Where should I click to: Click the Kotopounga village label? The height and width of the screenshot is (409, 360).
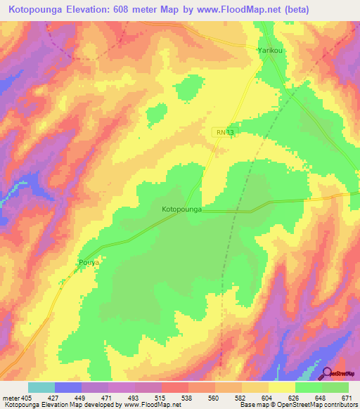click(x=182, y=209)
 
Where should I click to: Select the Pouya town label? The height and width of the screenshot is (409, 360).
click(x=85, y=263)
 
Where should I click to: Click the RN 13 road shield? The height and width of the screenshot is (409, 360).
click(x=222, y=131)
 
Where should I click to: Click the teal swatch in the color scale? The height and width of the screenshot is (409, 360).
click(x=41, y=387)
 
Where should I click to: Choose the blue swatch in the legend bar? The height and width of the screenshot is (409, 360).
click(x=68, y=387)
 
